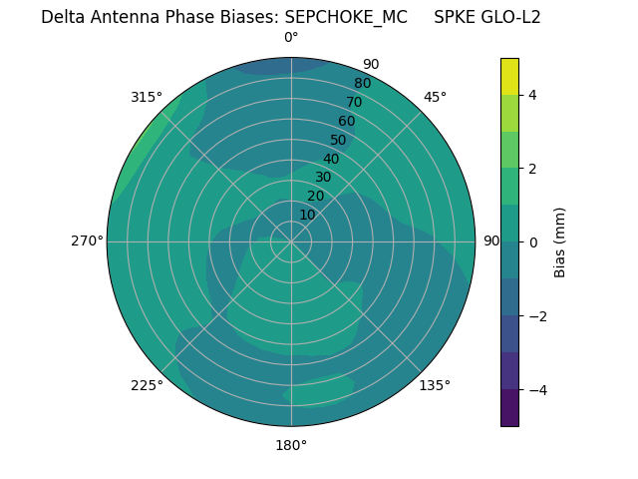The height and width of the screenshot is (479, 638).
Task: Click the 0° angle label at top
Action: [291, 38]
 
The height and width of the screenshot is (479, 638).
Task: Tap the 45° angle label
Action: [435, 97]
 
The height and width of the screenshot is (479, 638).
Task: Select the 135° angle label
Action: [435, 385]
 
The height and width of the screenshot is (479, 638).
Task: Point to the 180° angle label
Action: [291, 445]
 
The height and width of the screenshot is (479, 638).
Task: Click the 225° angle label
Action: [147, 385]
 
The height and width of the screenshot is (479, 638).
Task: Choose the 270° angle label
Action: [87, 241]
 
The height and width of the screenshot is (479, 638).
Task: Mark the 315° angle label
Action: [147, 97]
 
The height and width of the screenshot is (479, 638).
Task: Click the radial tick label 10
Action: [307, 215]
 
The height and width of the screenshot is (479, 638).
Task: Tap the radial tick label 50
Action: [338, 140]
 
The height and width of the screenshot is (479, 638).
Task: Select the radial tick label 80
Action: [362, 84]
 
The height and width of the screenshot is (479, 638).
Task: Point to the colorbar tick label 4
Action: [533, 95]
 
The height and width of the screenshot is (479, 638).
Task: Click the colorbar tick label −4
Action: [533, 390]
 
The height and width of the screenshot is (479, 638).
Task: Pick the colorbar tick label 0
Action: [533, 242]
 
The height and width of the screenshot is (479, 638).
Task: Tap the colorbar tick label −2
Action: [533, 316]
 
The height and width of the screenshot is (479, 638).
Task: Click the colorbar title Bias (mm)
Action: [560, 242]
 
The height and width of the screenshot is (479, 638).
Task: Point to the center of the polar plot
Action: [291, 241]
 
